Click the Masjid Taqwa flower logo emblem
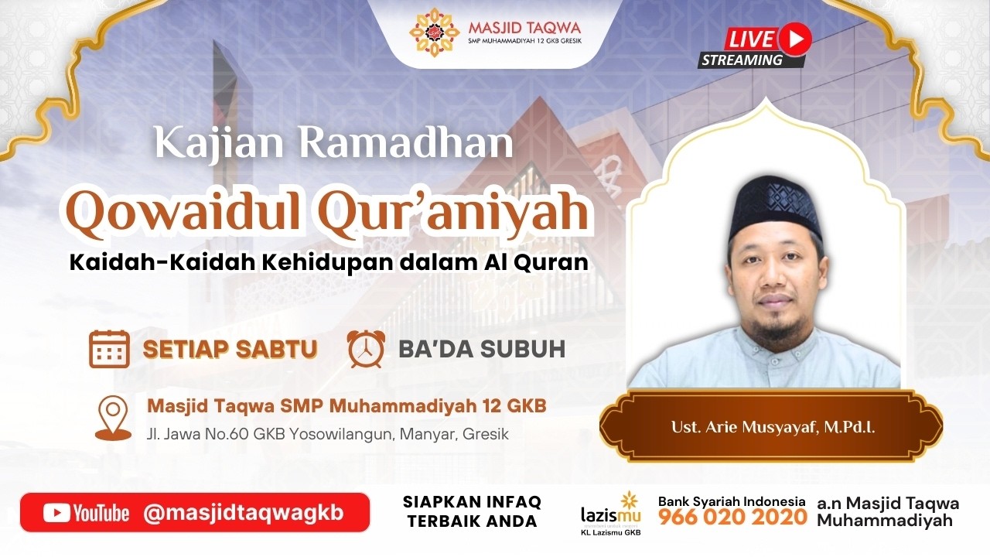pos(434,32)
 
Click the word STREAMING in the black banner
pos(742,60)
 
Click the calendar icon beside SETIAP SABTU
pos(109,349)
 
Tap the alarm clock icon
pos(366,349)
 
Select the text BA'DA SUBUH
pos(482,349)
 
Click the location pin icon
pos(114,418)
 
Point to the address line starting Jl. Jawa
pos(327,434)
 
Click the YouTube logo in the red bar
pos(86,513)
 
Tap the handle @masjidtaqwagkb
pos(244,513)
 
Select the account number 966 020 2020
pos(732,517)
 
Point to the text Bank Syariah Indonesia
pos(732,501)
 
